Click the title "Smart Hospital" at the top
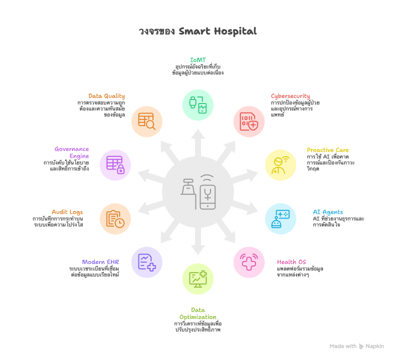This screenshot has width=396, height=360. pyautogui.click(x=198, y=31)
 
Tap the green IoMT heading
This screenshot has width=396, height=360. pyautogui.click(x=198, y=60)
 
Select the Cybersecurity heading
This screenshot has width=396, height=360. pyautogui.click(x=290, y=96)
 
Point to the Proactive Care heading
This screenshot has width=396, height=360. pyautogui.click(x=327, y=150)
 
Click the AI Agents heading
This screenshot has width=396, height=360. pyautogui.click(x=328, y=212)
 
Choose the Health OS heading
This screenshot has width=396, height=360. pyautogui.click(x=291, y=262)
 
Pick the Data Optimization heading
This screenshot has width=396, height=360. pyautogui.click(x=198, y=313)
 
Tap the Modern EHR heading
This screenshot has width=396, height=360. pyautogui.click(x=100, y=262)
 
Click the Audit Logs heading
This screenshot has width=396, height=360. pyautogui.click(x=67, y=212)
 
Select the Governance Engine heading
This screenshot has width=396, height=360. pyautogui.click(x=72, y=152)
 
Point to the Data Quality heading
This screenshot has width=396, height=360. pyautogui.click(x=106, y=96)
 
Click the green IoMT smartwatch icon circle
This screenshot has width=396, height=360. pyautogui.click(x=198, y=105)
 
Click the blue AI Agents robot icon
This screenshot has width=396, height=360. pyautogui.click(x=280, y=218)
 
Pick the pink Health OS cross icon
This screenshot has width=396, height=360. pyautogui.click(x=249, y=262)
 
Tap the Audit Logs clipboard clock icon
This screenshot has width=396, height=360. pyautogui.click(x=115, y=218)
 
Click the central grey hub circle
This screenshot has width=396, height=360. pyautogui.click(x=198, y=192)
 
